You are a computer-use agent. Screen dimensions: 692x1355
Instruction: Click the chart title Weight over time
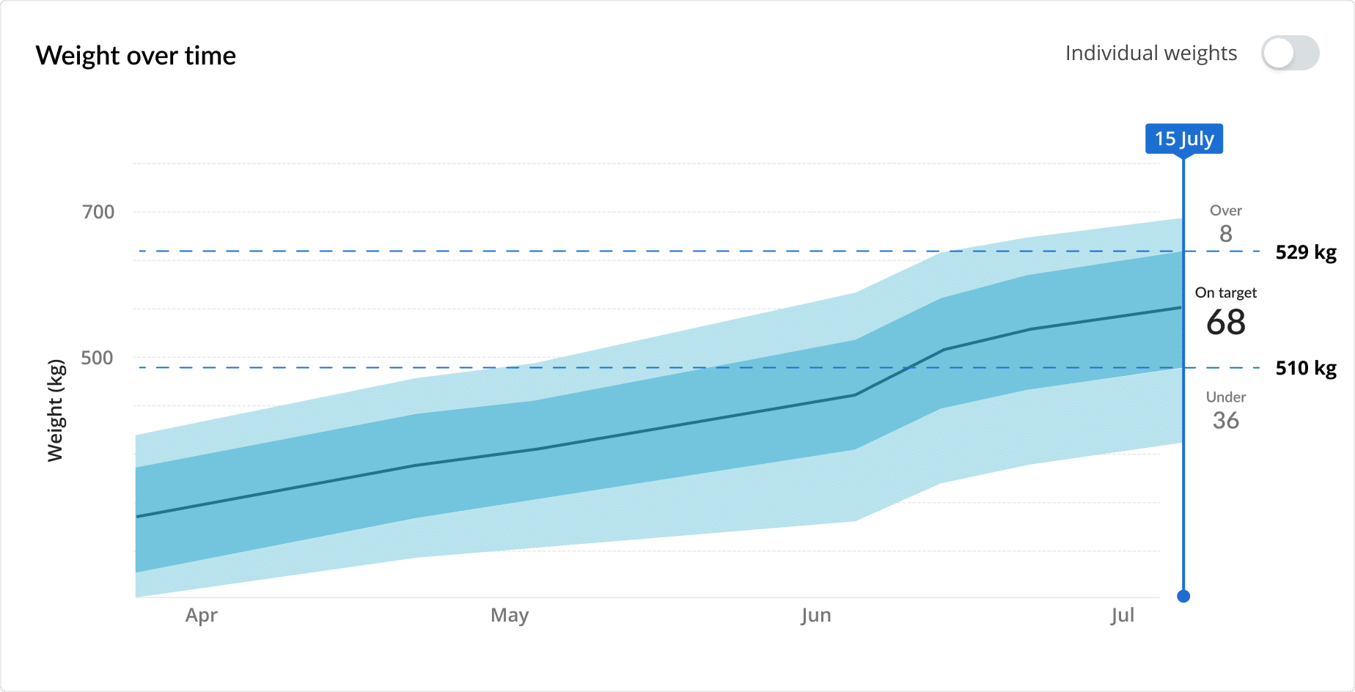(136, 56)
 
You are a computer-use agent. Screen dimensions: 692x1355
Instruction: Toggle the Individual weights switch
(1290, 54)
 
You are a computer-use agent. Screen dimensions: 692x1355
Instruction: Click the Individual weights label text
(1150, 54)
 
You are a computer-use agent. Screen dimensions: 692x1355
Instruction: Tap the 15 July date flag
(1183, 139)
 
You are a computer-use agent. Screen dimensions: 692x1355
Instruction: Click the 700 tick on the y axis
(98, 212)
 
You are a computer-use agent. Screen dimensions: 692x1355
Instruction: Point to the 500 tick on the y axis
(97, 358)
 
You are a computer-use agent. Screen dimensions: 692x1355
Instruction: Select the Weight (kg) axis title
(56, 411)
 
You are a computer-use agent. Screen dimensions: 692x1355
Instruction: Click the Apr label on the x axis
(201, 615)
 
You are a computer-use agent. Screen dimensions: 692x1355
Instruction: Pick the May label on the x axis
(510, 615)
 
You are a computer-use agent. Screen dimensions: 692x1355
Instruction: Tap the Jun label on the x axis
(816, 615)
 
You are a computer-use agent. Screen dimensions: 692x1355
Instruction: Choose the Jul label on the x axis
(1122, 615)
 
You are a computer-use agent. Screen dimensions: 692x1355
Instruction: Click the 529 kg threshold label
(1306, 252)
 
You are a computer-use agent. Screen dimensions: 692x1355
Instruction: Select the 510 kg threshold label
(1306, 368)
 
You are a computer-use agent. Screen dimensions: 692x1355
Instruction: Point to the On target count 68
(1226, 323)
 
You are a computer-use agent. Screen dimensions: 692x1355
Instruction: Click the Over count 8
(1226, 234)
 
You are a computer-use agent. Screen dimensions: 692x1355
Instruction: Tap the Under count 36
(1226, 420)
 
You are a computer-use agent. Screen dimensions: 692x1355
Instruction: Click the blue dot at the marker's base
(1183, 596)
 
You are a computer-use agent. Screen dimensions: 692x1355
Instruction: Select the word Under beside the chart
(1226, 397)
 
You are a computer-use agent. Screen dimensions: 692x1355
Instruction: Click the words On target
(1226, 292)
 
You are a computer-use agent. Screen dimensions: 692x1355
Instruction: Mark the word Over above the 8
(1226, 210)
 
